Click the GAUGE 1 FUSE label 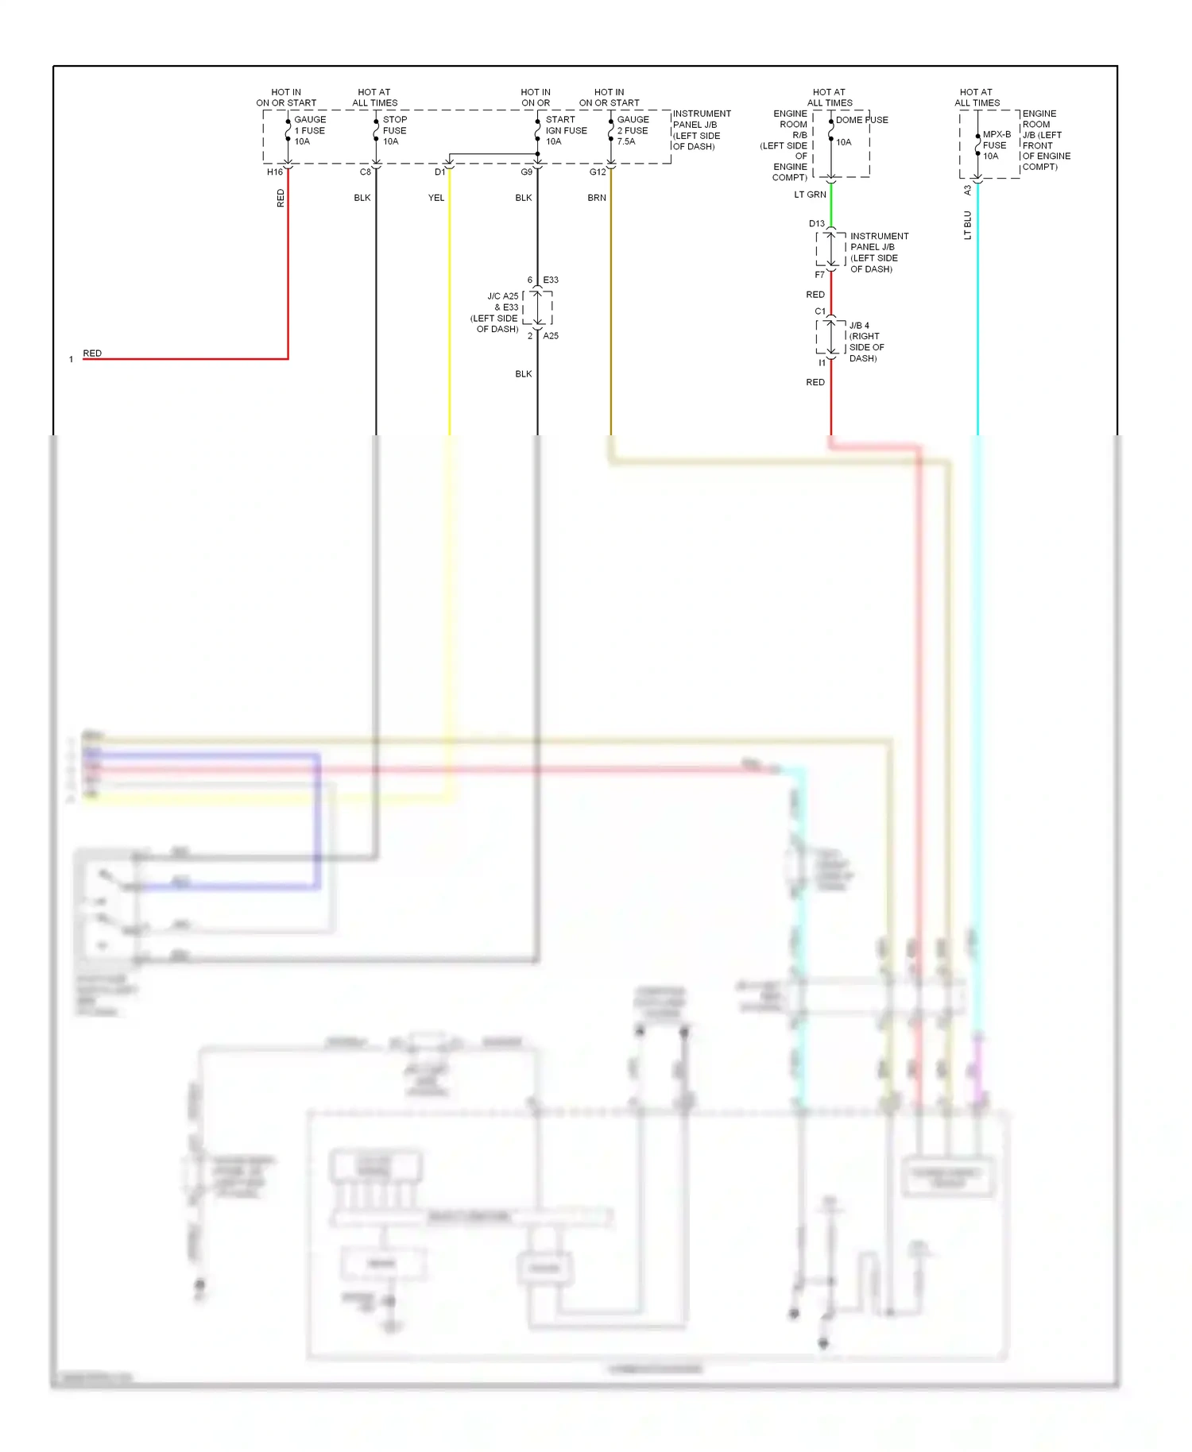pos(309,130)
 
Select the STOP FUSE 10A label pos(394,130)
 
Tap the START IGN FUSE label pos(566,130)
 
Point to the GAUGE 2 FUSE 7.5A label pos(633,130)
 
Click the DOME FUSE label pos(861,120)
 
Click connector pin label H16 pos(274,172)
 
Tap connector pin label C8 pos(365,172)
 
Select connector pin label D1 pos(439,172)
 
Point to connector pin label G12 pos(598,172)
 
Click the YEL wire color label pos(436,198)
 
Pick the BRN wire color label pos(597,198)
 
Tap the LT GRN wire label pos(810,195)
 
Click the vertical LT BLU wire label pos(967,225)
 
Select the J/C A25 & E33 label pos(496,312)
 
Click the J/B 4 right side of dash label pos(865,342)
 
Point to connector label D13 pos(817,223)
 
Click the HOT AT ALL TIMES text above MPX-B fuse pos(977,98)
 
